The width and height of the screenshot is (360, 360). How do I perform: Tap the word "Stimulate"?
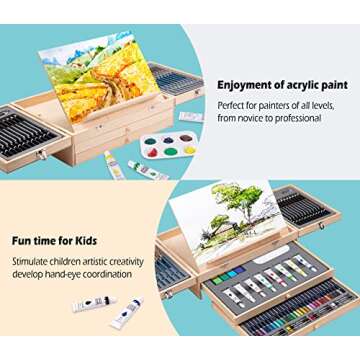pos(32,262)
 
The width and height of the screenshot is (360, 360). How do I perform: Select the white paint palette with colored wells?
pos(170,146)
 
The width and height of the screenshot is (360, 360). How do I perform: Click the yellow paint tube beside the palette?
pos(114,165)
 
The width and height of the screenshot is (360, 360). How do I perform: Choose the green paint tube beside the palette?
pos(148,171)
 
